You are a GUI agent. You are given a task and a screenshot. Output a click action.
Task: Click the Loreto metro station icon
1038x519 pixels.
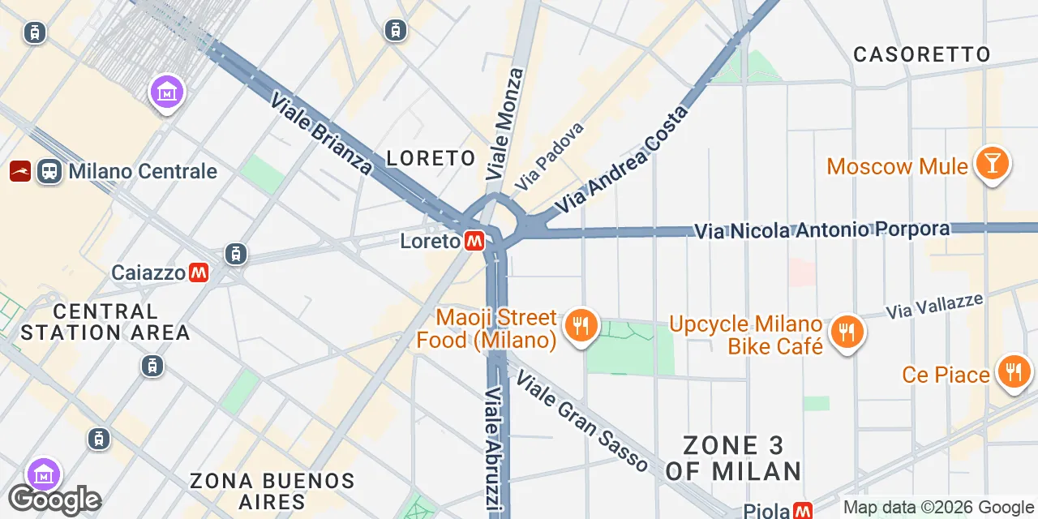(475, 241)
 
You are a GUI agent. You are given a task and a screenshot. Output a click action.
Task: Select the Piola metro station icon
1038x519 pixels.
(802, 511)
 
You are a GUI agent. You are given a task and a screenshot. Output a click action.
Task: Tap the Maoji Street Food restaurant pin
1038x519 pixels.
(580, 326)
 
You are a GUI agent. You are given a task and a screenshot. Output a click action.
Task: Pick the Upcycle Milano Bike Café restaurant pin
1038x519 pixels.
(847, 331)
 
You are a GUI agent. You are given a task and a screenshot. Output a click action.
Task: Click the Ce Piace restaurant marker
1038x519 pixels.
(1013, 372)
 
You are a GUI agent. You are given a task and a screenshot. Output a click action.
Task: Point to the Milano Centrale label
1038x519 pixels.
(143, 171)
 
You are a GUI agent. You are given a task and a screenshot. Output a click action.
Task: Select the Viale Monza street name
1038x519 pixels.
(504, 124)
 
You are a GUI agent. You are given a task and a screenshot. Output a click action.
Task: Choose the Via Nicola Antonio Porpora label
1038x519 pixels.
(822, 230)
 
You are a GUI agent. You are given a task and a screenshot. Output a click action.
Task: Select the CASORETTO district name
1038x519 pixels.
(922, 54)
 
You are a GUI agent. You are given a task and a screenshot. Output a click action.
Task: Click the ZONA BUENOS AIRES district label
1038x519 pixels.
(272, 491)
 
